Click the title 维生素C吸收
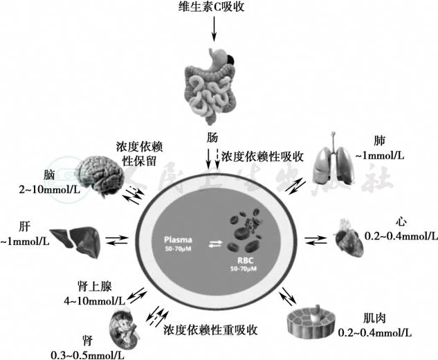coord(214,8)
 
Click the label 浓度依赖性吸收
coord(263,157)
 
